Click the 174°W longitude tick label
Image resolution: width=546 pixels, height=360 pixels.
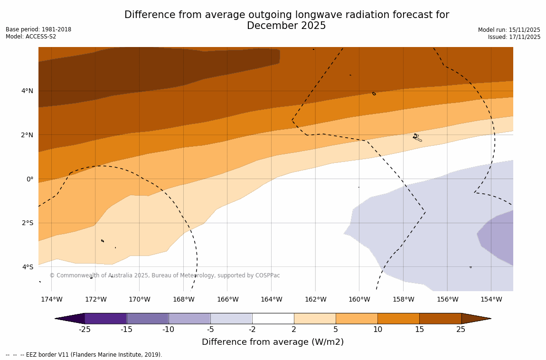[x=51, y=299]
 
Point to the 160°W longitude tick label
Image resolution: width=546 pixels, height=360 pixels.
[x=359, y=299]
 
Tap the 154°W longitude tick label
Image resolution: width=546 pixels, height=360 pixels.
[x=491, y=299]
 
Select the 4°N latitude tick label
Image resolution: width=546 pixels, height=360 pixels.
[x=27, y=91]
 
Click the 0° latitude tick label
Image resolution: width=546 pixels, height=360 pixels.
[x=29, y=179]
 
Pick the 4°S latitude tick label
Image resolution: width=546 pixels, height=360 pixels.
[x=27, y=267]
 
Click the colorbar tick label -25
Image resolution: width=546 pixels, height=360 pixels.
[x=85, y=330]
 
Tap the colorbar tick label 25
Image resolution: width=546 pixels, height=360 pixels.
[x=461, y=330]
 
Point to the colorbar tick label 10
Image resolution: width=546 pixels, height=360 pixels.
[x=377, y=330]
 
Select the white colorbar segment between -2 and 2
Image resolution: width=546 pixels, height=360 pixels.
[x=273, y=318]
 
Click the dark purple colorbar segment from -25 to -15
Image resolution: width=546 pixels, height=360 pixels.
[x=105, y=318]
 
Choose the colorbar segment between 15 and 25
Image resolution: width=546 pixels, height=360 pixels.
[x=440, y=318]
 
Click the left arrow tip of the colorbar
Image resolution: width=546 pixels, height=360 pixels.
[x=56, y=319]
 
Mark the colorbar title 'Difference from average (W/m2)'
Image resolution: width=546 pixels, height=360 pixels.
[x=273, y=342]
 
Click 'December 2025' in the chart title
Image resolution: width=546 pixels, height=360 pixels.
[x=286, y=26]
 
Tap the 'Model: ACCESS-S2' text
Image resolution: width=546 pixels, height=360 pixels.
[x=31, y=37]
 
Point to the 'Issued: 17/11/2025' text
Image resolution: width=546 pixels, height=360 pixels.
[x=514, y=37]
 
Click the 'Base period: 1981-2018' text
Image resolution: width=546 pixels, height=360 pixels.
[x=38, y=29]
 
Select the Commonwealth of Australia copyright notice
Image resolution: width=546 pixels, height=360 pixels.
[x=165, y=275]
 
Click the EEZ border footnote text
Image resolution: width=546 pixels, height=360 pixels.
[x=84, y=355]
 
